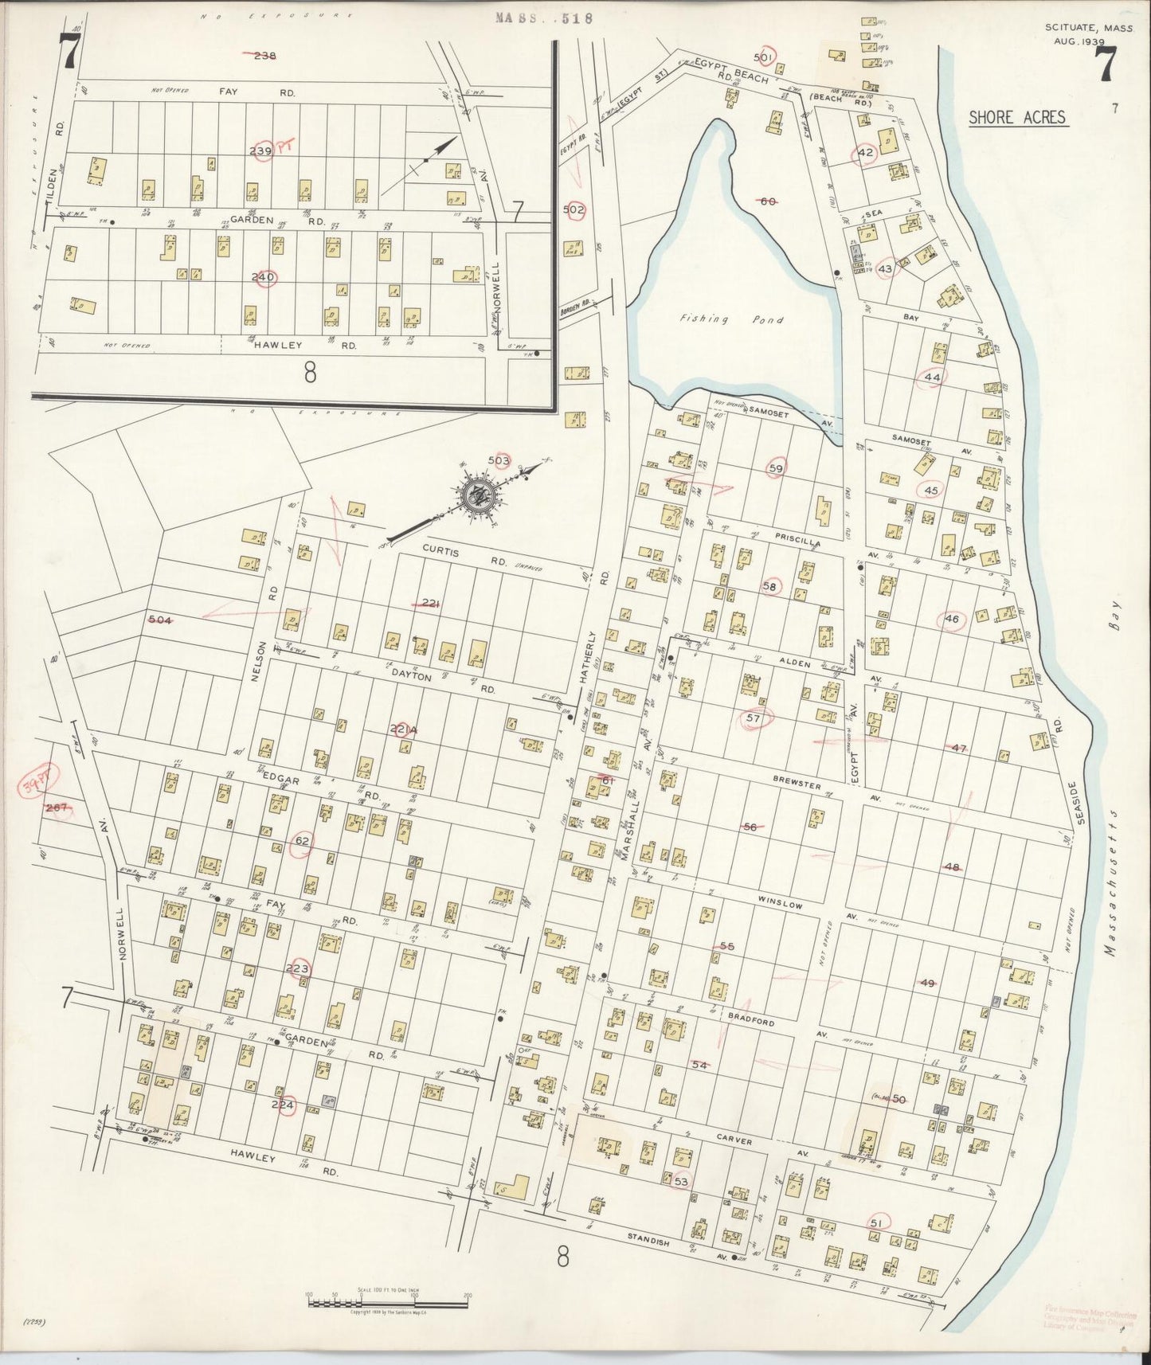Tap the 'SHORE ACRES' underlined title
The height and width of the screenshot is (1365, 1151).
[x=1016, y=118]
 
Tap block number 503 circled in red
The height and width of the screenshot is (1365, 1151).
[x=499, y=460]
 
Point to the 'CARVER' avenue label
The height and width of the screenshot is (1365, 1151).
[x=733, y=1142]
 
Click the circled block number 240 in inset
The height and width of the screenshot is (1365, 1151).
[x=264, y=277]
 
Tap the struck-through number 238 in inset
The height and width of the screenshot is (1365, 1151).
[x=264, y=55]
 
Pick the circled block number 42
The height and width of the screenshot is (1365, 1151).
[x=866, y=153]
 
